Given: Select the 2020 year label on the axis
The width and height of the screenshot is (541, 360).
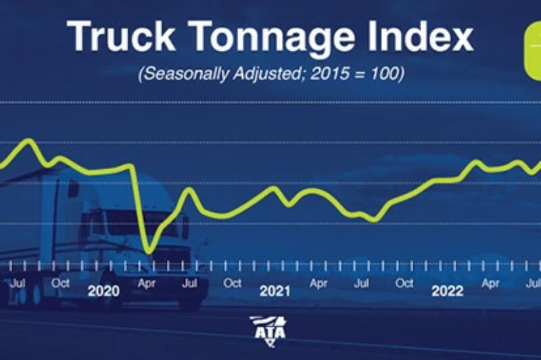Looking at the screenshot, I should click(x=103, y=291).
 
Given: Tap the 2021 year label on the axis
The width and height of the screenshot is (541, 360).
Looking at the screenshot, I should click(x=275, y=291).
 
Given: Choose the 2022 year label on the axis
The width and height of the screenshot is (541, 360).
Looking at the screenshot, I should click(x=447, y=291).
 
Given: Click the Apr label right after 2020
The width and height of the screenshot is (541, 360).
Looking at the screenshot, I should click(x=147, y=284).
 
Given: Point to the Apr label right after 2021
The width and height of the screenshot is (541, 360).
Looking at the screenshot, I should click(x=319, y=284).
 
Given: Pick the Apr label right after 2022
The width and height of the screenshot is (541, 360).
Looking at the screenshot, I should click(x=490, y=284).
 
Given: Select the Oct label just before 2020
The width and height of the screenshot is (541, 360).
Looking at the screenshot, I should click(x=61, y=284).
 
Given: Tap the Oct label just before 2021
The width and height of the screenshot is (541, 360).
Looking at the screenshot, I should click(x=233, y=284).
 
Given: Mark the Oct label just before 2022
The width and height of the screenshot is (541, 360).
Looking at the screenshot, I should click(x=404, y=284).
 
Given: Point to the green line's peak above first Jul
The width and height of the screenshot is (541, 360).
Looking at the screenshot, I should click(x=28, y=140).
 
